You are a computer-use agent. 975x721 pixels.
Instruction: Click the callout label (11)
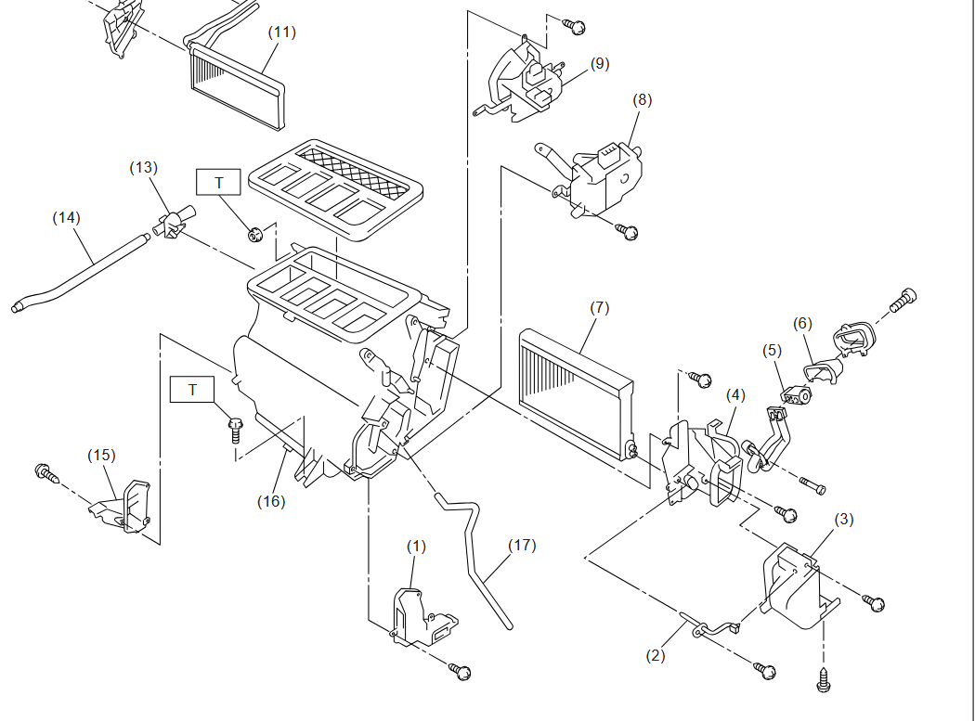click(281, 32)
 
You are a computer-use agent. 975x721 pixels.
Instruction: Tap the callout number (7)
click(600, 308)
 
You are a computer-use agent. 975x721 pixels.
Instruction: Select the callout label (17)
click(522, 545)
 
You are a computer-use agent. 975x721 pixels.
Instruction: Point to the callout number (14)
click(67, 217)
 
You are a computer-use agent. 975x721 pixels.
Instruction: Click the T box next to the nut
click(219, 182)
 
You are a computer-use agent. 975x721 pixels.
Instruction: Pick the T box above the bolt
click(192, 389)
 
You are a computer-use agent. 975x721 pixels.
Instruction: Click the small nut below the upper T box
click(254, 235)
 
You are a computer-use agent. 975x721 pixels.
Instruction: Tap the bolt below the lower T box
click(236, 431)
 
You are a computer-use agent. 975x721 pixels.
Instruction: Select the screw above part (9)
click(575, 26)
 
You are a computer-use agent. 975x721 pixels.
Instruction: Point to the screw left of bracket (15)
click(47, 473)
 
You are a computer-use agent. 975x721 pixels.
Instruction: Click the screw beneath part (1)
click(461, 671)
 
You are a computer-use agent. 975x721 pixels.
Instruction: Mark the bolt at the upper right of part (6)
click(903, 300)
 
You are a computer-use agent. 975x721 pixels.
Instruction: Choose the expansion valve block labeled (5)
click(796, 394)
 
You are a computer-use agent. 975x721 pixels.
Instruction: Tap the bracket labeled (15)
click(122, 507)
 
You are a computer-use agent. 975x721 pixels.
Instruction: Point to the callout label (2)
click(656, 656)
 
